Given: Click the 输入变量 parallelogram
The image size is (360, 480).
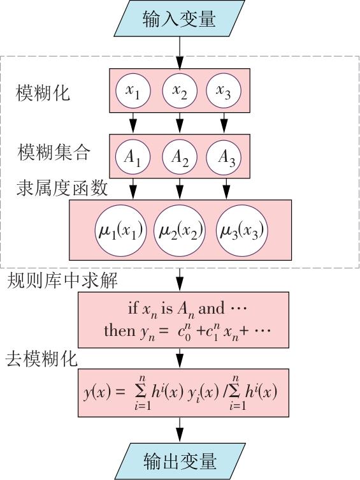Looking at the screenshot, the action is click(179, 18).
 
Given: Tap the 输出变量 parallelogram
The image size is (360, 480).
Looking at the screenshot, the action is click(180, 461).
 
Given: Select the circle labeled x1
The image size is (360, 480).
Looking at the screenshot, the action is click(133, 91).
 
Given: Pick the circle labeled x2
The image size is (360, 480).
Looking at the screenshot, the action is click(180, 91).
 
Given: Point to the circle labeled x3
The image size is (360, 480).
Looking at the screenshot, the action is click(224, 91).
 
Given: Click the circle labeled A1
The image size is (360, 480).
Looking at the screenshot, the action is click(133, 157).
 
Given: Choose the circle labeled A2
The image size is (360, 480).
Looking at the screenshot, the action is click(180, 157).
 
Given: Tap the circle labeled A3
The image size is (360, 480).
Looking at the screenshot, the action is click(224, 157).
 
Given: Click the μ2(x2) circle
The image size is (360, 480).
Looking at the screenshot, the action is click(180, 231).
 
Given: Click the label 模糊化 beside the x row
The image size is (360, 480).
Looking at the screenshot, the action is click(43, 93).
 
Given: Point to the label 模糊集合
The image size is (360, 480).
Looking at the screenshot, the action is click(54, 152).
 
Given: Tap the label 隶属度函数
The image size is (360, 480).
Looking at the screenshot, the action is click(62, 187).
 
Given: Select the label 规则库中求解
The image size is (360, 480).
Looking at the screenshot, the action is click(62, 279).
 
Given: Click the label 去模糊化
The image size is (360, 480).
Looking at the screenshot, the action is click(41, 358).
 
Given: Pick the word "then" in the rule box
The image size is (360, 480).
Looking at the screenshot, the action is click(119, 331).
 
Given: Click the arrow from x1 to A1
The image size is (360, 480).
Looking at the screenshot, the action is click(133, 123).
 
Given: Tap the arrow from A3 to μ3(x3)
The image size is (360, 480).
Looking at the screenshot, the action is click(226, 189).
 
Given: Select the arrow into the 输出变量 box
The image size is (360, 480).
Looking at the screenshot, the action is click(180, 430).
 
